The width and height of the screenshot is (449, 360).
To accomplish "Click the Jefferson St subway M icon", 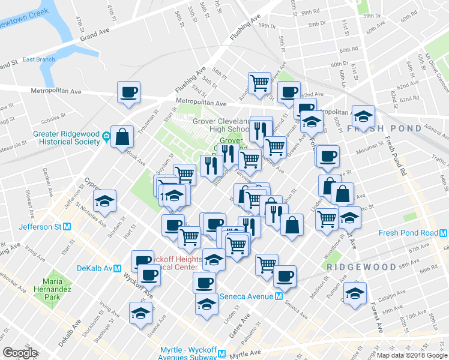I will tap(67, 227).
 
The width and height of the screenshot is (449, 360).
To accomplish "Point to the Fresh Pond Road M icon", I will tap(442, 233).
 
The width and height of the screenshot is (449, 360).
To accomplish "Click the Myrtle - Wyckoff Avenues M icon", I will tap(221, 354).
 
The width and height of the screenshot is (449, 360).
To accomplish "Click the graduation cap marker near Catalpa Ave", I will tap(355, 294).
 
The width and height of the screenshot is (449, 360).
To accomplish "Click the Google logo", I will tap(20, 353).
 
